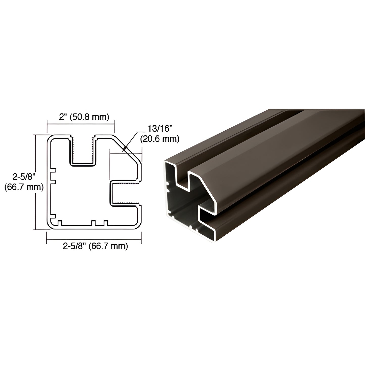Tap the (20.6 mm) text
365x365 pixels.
coord(160,138)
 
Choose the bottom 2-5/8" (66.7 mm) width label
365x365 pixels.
coord(95,246)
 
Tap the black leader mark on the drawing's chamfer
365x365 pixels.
coord(125,149)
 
